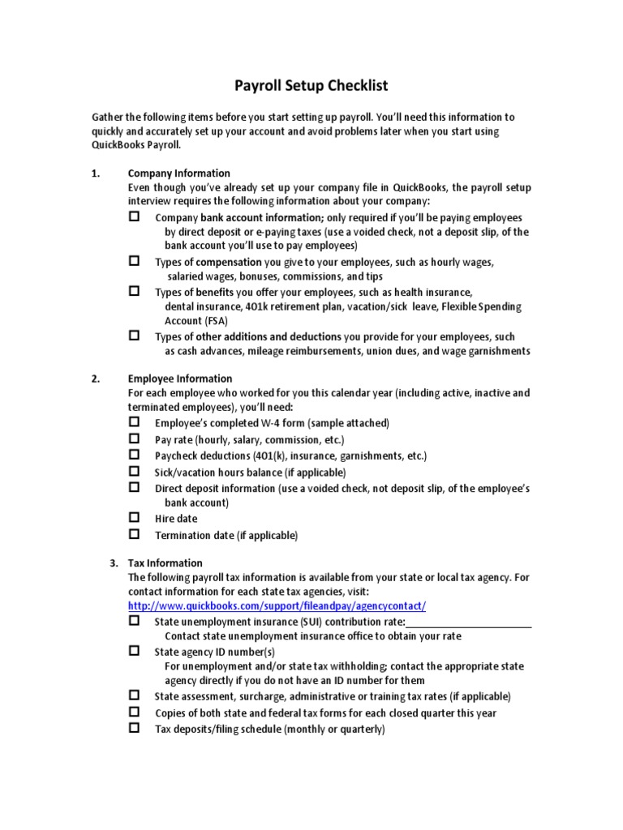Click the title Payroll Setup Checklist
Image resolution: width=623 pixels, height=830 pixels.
tap(311, 85)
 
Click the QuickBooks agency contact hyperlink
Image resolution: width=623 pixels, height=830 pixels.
tap(277, 606)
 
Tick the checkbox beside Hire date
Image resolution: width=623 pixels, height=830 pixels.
tap(135, 517)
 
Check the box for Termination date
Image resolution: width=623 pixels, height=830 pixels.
tap(135, 534)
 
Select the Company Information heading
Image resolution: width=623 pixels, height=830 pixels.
tap(179, 173)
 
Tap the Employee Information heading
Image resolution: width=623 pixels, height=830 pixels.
tap(180, 378)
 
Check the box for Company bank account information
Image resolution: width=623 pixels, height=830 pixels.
tap(135, 216)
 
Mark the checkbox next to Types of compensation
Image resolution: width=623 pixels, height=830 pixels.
tap(135, 261)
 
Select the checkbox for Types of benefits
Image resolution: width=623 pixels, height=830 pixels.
tap(135, 290)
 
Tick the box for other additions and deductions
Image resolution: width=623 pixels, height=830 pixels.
tap(135, 335)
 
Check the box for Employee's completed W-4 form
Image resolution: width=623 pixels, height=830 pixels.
tap(135, 422)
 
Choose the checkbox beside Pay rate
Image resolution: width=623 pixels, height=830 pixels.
tap(135, 439)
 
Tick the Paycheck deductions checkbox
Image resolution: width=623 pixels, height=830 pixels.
tap(135, 455)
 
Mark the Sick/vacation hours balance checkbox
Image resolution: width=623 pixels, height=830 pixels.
tap(135, 471)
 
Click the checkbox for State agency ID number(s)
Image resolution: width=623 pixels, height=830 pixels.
tap(135, 651)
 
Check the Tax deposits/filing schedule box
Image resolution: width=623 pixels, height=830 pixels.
tap(135, 729)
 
